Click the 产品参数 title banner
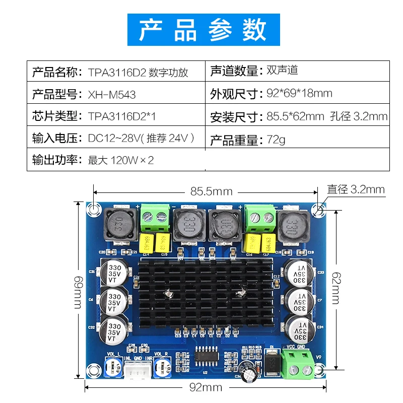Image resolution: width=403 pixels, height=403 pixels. click(202, 30)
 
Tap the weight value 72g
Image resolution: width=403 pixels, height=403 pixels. click(276, 140)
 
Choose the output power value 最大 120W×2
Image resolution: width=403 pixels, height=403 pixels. click(121, 161)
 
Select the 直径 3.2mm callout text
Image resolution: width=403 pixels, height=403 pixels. click(356, 190)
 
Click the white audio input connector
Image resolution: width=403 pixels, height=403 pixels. click(138, 369)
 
